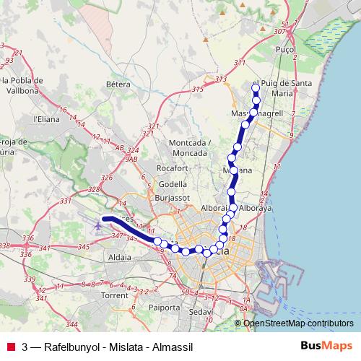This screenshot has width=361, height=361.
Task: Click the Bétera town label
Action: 118,84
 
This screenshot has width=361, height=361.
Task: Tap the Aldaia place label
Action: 118,257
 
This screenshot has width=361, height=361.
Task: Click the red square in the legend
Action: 11,347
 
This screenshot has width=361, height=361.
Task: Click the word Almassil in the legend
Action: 174,347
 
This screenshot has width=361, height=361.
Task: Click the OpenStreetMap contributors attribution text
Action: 299,323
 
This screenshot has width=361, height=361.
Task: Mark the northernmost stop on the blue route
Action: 256,88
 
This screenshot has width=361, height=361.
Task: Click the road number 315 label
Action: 198,89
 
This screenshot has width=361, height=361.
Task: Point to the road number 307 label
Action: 279,32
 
